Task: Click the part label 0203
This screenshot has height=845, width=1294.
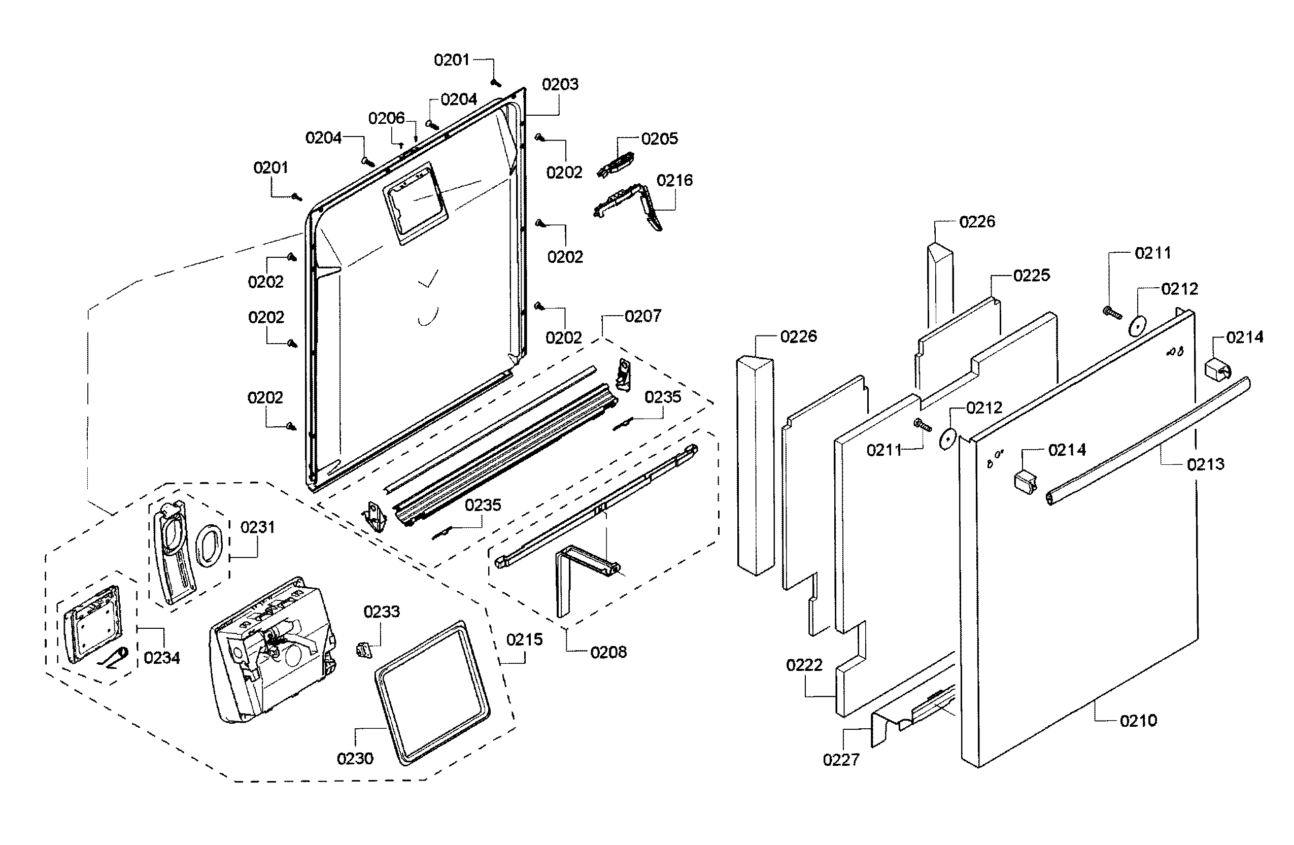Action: [x=560, y=84]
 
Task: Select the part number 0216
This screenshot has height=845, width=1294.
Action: [x=675, y=180]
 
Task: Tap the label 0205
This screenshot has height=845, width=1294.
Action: [x=660, y=139]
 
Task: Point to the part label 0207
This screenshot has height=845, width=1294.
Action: [x=642, y=316]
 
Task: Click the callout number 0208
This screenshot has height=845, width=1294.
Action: [x=608, y=652]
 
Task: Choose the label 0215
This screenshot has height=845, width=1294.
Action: [x=524, y=639]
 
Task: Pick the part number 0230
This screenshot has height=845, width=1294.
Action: [x=355, y=759]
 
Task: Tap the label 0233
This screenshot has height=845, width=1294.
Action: [x=381, y=612]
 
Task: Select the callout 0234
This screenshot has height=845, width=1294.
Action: [x=161, y=658]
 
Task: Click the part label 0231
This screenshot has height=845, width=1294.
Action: [x=257, y=527]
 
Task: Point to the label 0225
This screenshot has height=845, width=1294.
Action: [x=1031, y=275]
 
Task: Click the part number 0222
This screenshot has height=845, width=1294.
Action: [x=804, y=665]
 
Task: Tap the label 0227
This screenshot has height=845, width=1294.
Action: [x=840, y=760]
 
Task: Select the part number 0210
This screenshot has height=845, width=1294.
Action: [x=1138, y=721]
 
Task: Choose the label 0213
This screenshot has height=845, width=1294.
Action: [x=1205, y=464]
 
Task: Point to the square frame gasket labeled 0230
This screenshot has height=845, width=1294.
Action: [x=432, y=693]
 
